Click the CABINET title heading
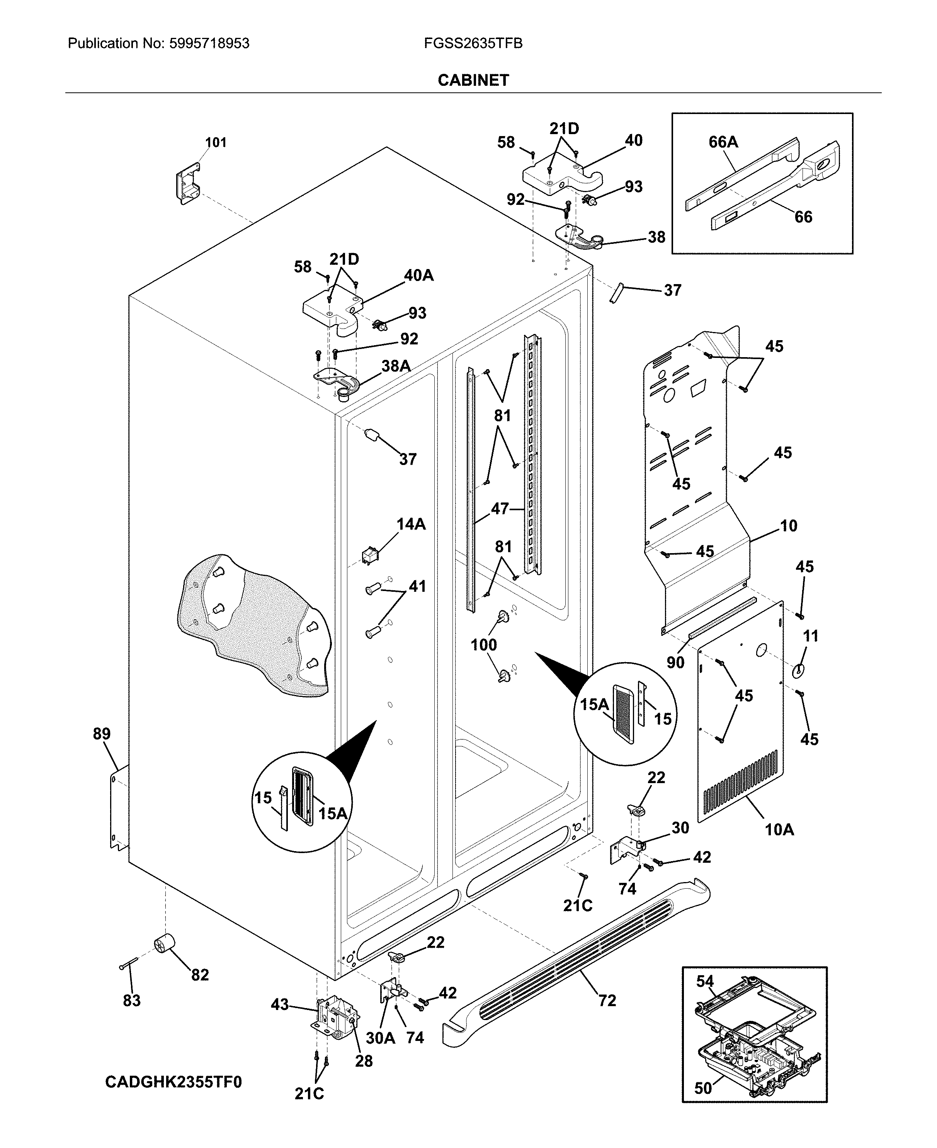coord(473,80)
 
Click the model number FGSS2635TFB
coord(473,44)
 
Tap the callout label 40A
coord(419,275)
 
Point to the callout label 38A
coord(396,366)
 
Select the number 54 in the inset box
coord(704,981)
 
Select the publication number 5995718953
coord(209,44)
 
